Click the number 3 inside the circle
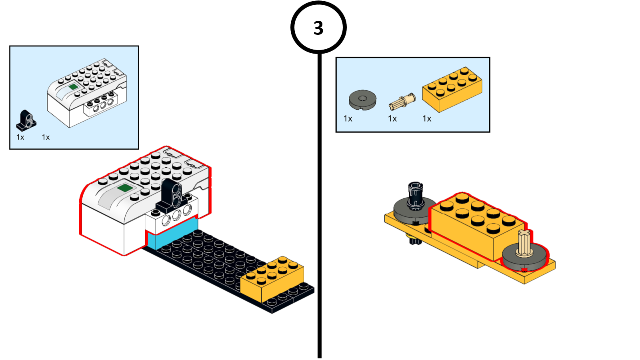tap(318, 28)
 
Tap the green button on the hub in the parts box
tap(73, 86)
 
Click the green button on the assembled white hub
tap(125, 188)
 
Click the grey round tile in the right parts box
tap(362, 100)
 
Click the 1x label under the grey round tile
tap(348, 119)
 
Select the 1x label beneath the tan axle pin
tap(392, 119)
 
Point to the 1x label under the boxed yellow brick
tap(427, 119)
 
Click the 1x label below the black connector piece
tap(20, 137)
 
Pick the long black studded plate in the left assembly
tap(208, 260)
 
